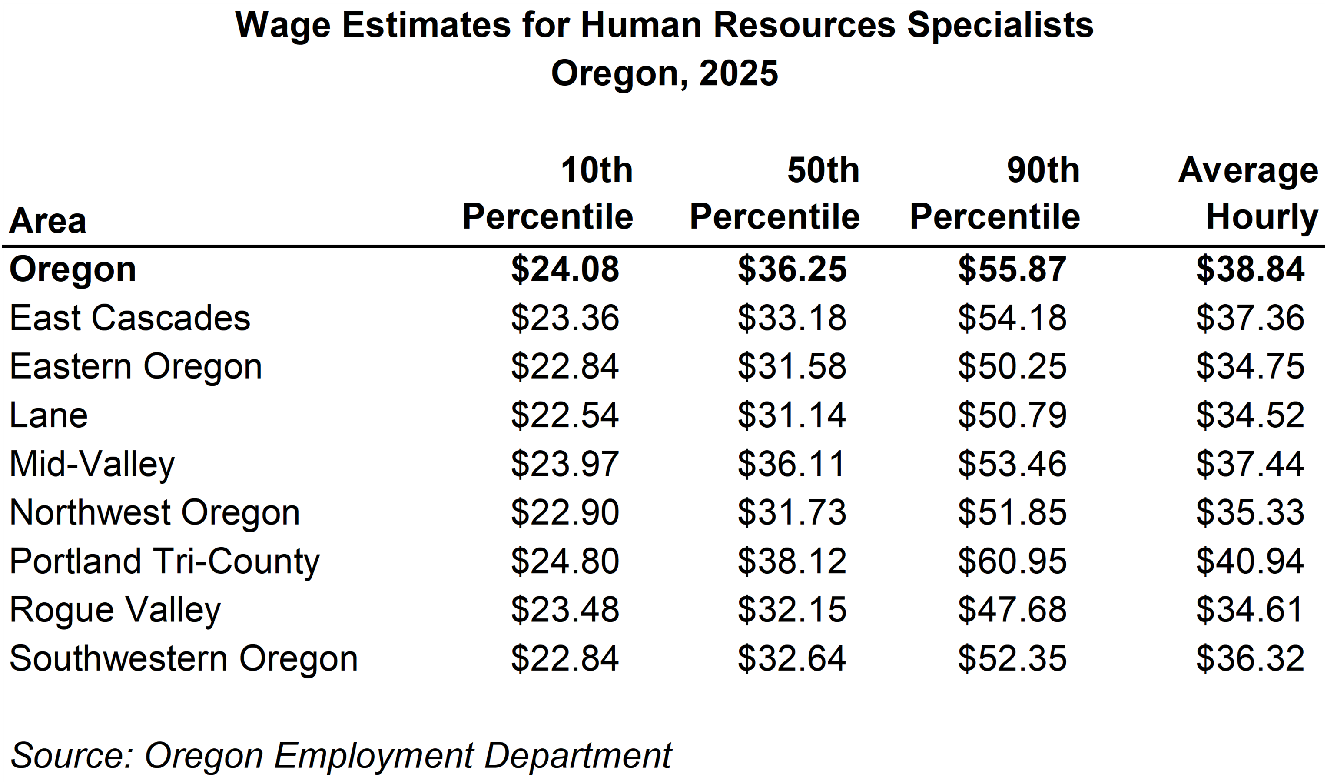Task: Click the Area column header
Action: click(x=47, y=220)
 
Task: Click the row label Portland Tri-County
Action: click(x=164, y=561)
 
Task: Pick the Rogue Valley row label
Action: click(x=115, y=610)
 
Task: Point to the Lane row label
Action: click(x=49, y=415)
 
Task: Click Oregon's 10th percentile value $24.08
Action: click(x=564, y=269)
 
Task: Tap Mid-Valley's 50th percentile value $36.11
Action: click(x=792, y=464)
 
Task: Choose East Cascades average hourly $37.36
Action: click(x=1250, y=318)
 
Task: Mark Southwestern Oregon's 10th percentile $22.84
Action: click(x=564, y=658)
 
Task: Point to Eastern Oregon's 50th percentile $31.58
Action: click(x=792, y=367)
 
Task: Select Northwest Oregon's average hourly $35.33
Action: click(x=1250, y=512)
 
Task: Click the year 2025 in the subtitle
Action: click(x=738, y=73)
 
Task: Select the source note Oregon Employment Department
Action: click(x=408, y=755)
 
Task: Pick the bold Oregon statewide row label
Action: click(x=73, y=269)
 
